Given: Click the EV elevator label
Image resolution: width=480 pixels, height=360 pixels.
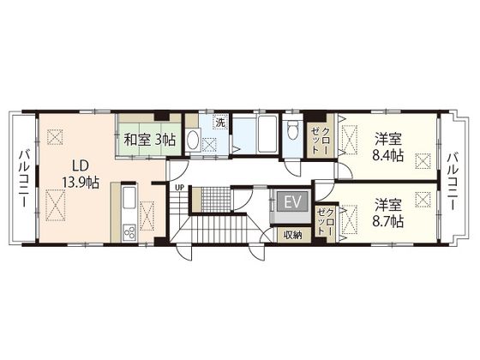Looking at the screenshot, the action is pyautogui.click(x=292, y=201).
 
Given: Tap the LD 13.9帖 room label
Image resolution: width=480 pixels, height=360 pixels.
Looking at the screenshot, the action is pyautogui.click(x=81, y=174).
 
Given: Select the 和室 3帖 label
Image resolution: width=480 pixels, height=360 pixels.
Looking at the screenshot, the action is pyautogui.click(x=149, y=140).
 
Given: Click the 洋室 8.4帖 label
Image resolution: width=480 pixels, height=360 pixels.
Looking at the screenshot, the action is pyautogui.click(x=387, y=147).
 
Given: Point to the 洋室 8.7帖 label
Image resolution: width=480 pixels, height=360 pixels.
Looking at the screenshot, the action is pyautogui.click(x=387, y=213).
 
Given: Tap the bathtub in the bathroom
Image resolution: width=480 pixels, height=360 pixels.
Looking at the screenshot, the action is pyautogui.click(x=267, y=134).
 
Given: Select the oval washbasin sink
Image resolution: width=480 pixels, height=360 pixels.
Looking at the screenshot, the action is pyautogui.click(x=193, y=141).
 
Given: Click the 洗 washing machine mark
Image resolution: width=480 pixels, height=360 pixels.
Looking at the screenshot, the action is pyautogui.click(x=220, y=122).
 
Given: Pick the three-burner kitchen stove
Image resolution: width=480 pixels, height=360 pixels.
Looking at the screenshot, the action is pyautogui.click(x=129, y=231).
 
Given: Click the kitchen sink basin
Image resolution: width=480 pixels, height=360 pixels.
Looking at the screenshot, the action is pyautogui.click(x=129, y=197).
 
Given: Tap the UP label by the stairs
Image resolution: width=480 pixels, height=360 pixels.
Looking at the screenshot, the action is pyautogui.click(x=179, y=188).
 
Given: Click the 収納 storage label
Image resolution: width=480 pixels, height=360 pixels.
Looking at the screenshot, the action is pyautogui.click(x=292, y=235).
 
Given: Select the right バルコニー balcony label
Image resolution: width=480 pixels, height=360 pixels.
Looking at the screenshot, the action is pyautogui.click(x=453, y=182).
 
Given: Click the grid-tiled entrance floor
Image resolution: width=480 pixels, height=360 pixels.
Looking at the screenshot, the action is pyautogui.click(x=216, y=199).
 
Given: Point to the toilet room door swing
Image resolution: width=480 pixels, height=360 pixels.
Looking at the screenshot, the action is pyautogui.click(x=292, y=167).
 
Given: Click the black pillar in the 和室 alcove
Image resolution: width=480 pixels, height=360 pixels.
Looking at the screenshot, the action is pyautogui.click(x=162, y=117).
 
